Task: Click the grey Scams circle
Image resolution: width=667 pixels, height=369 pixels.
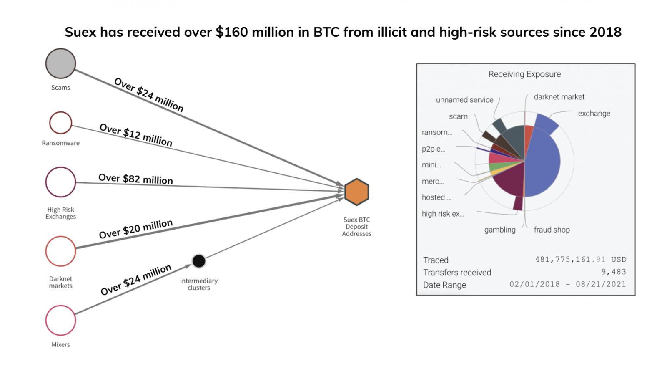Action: coord(61,63)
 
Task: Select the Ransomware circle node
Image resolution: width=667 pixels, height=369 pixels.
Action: coord(61,123)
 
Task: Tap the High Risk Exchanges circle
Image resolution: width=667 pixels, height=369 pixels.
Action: coord(61,182)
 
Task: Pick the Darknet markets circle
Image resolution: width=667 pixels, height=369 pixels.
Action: coord(61,251)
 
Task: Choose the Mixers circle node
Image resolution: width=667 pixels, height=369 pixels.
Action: coord(61,321)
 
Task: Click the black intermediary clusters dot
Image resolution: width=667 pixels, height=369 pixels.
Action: coord(199,261)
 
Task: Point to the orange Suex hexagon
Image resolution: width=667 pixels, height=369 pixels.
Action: coord(357,192)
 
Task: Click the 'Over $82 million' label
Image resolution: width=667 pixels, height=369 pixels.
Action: coord(135,179)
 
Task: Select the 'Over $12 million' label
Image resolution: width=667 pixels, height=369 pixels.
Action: coord(136,135)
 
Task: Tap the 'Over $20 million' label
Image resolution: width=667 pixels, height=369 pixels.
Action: coord(136,229)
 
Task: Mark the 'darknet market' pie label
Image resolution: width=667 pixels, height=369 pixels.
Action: coord(559,97)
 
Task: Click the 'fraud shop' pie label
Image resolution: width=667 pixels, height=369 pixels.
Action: coord(552,230)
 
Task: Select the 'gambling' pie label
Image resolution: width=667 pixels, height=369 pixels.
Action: coord(500,230)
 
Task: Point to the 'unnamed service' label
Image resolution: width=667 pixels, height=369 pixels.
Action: coord(464,100)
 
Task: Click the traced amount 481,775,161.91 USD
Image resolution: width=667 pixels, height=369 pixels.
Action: coord(581,260)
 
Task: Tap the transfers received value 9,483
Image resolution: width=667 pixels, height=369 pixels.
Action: coord(614,272)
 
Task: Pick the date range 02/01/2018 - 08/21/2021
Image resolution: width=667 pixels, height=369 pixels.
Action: coord(567,284)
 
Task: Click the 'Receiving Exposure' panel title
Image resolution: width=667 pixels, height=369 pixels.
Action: coord(524,74)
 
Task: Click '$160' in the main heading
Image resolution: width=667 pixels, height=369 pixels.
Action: coord(232,32)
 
